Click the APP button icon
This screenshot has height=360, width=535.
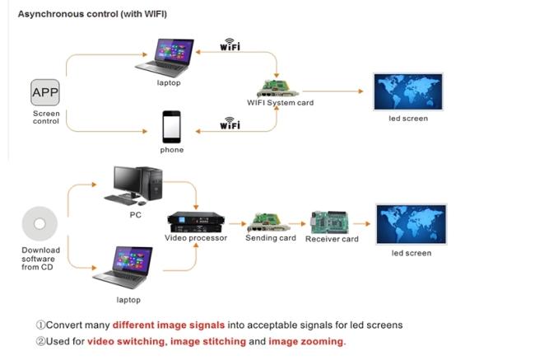tap(45, 92)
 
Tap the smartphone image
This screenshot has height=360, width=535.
tap(171, 127)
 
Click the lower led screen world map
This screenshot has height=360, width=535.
tap(411, 223)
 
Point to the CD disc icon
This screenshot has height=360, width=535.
tap(40, 223)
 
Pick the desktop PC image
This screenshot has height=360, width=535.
tap(135, 185)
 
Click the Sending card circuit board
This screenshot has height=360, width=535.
tap(270, 222)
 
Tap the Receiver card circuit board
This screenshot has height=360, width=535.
tap(332, 222)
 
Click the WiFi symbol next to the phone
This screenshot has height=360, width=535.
tap(230, 124)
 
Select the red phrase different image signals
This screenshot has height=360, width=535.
tap(160, 325)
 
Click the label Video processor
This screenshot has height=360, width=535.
tap(193, 239)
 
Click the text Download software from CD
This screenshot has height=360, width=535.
tap(40, 258)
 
